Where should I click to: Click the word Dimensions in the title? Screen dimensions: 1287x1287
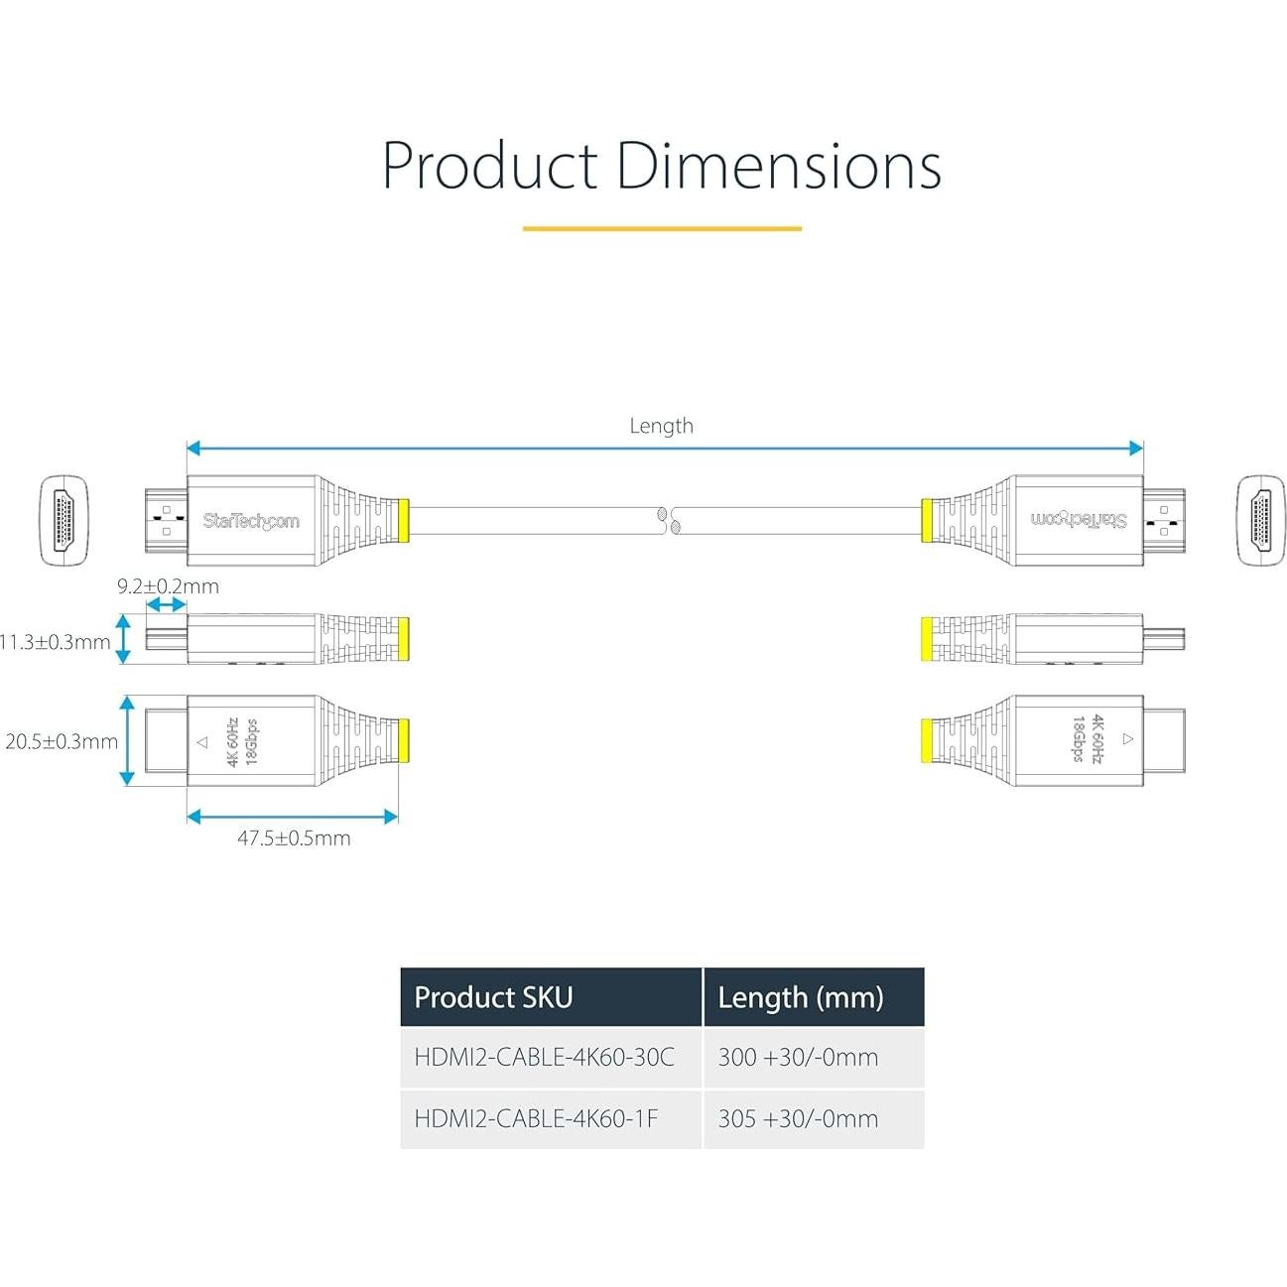(x=778, y=166)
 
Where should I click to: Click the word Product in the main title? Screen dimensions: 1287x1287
(x=490, y=166)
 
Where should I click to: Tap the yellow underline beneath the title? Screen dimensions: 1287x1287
(x=662, y=228)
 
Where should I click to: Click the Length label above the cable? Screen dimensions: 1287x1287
(x=661, y=426)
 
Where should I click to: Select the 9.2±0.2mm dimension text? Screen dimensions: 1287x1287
(x=168, y=585)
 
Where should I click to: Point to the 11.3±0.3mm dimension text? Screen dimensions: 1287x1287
(x=55, y=642)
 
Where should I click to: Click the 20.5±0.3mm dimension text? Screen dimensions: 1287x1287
(x=62, y=741)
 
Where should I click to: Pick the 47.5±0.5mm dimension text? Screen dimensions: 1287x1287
(x=294, y=837)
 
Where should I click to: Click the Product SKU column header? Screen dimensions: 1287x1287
(x=493, y=997)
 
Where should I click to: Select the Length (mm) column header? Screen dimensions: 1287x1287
(x=800, y=997)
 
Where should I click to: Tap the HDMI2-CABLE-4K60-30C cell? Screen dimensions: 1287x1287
(x=544, y=1057)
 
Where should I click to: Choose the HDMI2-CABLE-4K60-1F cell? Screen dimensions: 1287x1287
(x=536, y=1118)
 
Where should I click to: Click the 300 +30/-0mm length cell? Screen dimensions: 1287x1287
(x=798, y=1057)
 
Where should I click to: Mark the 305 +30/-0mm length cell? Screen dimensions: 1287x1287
(x=798, y=1118)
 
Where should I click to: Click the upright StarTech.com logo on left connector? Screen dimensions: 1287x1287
(x=250, y=521)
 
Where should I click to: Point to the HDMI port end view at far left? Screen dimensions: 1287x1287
(x=64, y=521)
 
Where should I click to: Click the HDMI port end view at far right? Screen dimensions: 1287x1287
(x=1260, y=521)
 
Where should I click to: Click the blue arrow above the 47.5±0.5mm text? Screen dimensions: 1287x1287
(x=293, y=817)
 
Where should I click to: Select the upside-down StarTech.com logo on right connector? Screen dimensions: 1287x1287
(x=1079, y=520)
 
